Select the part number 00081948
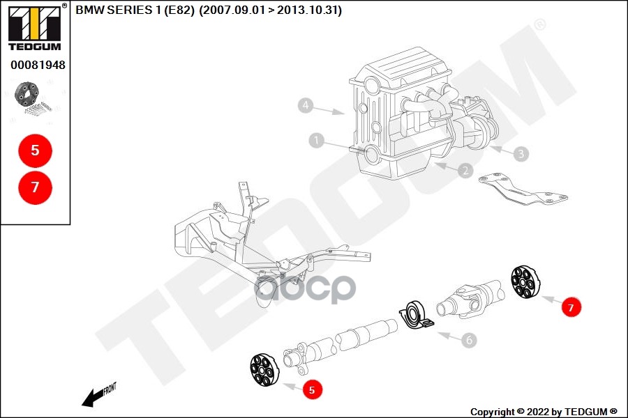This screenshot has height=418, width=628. coord(38,65)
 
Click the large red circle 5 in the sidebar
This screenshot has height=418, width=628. coord(35,150)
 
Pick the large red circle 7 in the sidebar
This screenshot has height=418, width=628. coord(35,187)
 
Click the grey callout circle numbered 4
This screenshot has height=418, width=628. coord(304,106)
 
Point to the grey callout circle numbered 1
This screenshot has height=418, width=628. coord(317,141)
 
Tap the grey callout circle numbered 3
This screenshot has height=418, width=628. coord(520,153)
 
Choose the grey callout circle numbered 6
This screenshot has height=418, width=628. coord(469,341)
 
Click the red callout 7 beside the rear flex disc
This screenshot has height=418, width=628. coord(571,307)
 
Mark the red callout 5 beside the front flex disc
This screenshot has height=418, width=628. coord(311,390)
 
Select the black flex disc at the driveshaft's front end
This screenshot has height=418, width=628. coord(264,370)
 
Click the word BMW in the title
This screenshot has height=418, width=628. coord(87,10)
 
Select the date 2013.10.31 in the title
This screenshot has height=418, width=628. coord(308,10)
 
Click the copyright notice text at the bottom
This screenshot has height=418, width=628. coord(544,412)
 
